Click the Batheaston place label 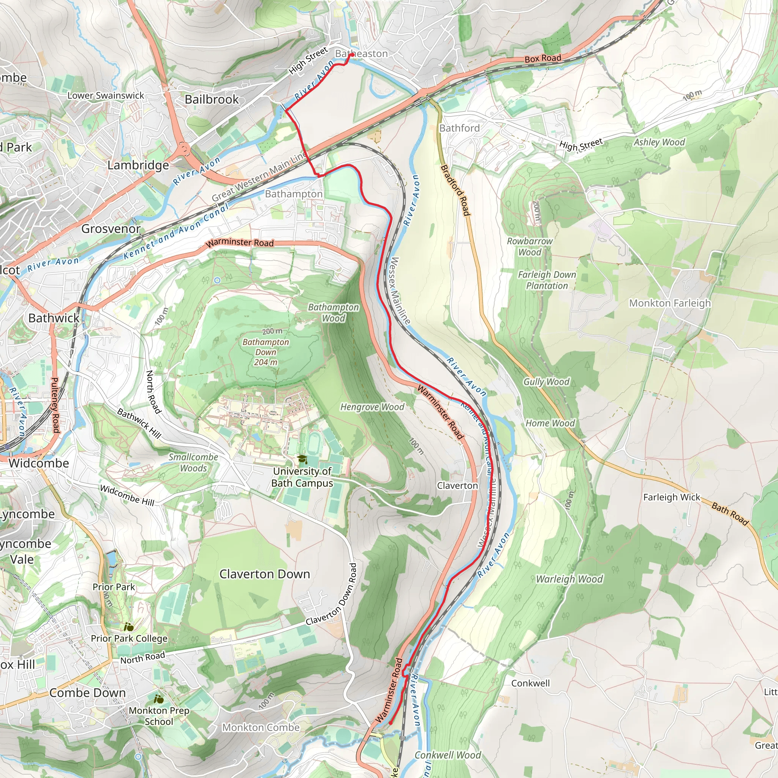361,54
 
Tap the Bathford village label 460,128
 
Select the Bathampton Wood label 334,313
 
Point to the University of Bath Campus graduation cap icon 302,460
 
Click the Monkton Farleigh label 670,303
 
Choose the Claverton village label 457,485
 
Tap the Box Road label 542,59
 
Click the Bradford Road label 455,190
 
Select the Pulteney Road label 55,405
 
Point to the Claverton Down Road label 331,595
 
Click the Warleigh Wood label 569,579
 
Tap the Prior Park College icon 129,627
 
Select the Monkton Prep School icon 159,699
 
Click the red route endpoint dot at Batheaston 351,54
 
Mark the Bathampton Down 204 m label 266,352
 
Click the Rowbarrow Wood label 530,247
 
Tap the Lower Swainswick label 106,95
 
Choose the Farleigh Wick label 672,497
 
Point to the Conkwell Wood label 448,755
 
